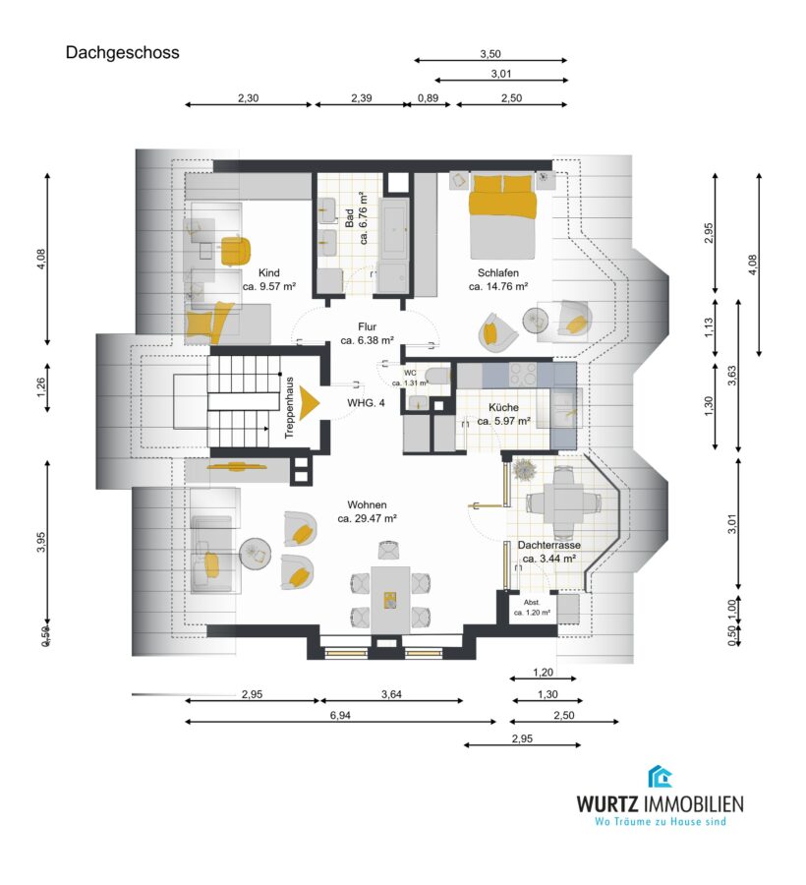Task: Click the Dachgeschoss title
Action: [x=123, y=53]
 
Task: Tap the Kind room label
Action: [x=269, y=272]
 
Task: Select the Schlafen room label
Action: [x=498, y=272]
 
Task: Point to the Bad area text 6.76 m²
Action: [x=364, y=218]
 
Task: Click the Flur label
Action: [x=367, y=326]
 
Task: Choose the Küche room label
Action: [x=503, y=407]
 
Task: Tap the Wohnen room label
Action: [x=368, y=504]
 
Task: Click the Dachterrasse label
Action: [x=548, y=545]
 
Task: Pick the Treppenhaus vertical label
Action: [x=290, y=407]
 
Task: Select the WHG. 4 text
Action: [x=366, y=403]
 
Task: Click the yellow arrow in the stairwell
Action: [x=309, y=403]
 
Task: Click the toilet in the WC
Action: [x=437, y=376]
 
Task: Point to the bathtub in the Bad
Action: [x=395, y=225]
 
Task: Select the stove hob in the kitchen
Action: [x=524, y=374]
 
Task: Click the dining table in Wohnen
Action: [x=390, y=600]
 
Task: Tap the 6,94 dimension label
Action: [x=341, y=715]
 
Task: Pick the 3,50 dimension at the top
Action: [x=490, y=54]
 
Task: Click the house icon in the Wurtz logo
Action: [x=660, y=777]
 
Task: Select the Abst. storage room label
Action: [x=532, y=602]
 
